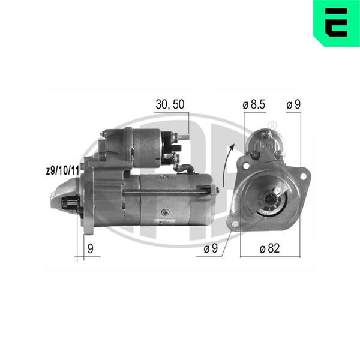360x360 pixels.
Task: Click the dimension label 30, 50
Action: click(170, 104)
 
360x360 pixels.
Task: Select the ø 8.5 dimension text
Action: click(254, 104)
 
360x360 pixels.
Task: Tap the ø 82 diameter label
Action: click(269, 248)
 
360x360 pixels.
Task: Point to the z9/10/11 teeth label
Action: click(62, 170)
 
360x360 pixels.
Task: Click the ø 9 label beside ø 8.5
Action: click(293, 104)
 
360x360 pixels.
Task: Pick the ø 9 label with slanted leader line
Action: click(211, 248)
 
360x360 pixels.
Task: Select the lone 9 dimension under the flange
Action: click(91, 248)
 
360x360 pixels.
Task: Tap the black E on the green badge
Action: click(336, 23)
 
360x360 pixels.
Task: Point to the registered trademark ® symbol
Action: click(272, 125)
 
